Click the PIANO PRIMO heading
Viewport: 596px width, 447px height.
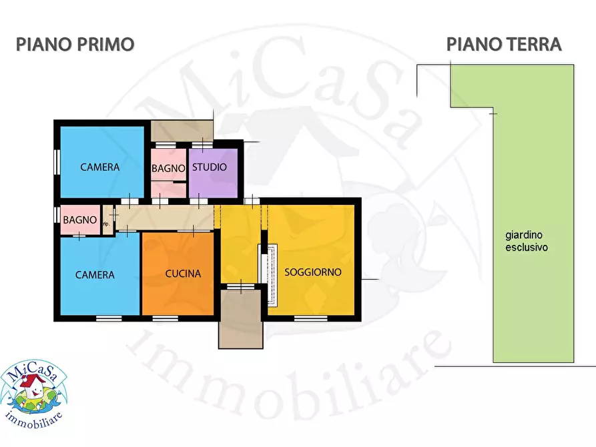(75, 45)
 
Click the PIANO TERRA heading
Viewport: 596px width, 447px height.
(503, 45)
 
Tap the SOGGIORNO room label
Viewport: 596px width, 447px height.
(313, 272)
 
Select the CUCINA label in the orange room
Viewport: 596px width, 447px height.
(183, 274)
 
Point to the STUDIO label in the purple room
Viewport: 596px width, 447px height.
(210, 167)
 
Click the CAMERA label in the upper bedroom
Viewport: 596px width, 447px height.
(100, 167)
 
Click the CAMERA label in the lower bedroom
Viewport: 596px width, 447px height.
(95, 275)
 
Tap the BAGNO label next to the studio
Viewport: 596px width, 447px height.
(168, 169)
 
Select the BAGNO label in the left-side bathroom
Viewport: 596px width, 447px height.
(80, 219)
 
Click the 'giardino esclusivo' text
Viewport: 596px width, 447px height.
(527, 241)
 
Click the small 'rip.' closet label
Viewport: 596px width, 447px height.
(105, 223)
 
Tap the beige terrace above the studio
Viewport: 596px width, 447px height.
(181, 131)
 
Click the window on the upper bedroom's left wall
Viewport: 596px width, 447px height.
(57, 162)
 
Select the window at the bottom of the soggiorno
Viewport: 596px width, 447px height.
(311, 318)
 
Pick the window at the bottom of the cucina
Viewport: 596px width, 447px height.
(165, 318)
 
